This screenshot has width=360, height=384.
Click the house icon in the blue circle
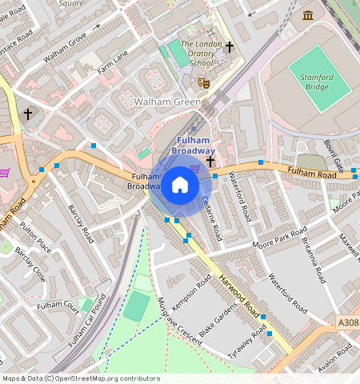coord(180,186)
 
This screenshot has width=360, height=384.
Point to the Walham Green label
coord(166,102)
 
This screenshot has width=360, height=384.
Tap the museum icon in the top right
coord(308,15)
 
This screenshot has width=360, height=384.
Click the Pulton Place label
coord(35,238)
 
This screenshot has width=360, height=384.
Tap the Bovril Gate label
coord(333,155)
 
